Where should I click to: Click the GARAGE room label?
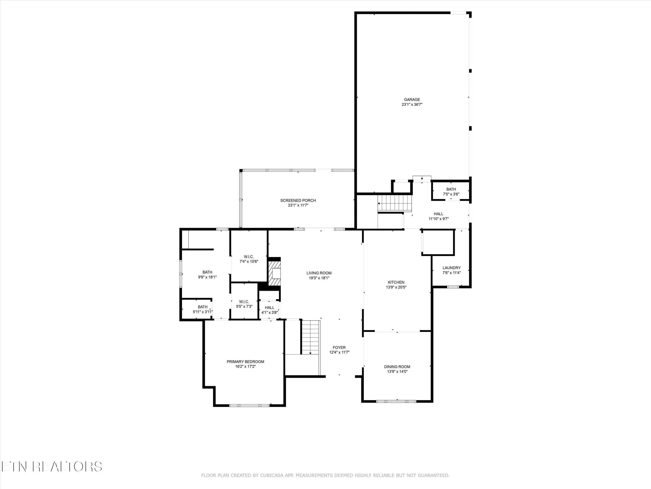[x=412, y=100]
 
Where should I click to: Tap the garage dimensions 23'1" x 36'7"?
[x=412, y=105]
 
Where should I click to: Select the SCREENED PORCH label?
[x=298, y=200]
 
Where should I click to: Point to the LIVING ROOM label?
[x=319, y=273]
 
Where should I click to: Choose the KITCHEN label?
[x=396, y=282]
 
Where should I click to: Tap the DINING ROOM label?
[x=397, y=367]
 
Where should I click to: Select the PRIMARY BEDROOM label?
[x=245, y=362]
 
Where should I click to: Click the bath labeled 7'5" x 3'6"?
[x=451, y=192]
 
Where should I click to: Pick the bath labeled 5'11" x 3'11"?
[x=202, y=309]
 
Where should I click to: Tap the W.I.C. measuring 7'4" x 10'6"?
[x=249, y=259]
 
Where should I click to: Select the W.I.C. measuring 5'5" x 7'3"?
[x=244, y=304]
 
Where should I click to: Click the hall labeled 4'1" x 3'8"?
[x=269, y=310]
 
